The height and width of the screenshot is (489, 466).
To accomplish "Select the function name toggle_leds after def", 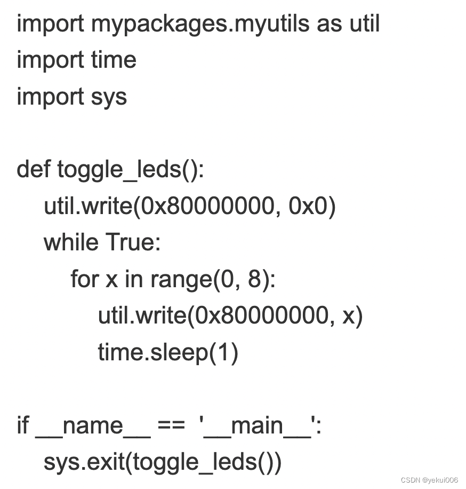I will click(x=120, y=170).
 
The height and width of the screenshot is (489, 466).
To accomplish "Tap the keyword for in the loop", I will click(x=85, y=279).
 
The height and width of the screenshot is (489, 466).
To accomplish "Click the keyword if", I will click(x=22, y=425).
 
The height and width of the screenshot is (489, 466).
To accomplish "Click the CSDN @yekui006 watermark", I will click(x=429, y=480).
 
